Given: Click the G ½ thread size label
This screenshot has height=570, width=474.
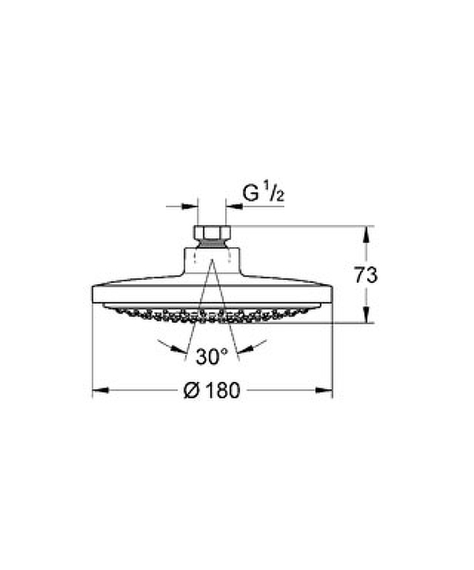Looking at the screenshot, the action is click(263, 193).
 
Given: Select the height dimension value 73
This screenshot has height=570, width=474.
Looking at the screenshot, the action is click(366, 275).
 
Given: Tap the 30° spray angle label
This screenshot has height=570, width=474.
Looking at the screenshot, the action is click(212, 356).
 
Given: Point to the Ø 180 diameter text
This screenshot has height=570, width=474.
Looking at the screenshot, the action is click(212, 390).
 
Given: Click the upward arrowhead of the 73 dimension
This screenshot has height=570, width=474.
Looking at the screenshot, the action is click(366, 234).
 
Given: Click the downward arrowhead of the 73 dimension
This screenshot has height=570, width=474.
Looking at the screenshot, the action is click(366, 315).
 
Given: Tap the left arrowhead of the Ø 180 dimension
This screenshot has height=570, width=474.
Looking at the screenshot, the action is click(101, 390).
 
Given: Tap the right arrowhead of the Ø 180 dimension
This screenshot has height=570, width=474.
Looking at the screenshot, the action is click(324, 390).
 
